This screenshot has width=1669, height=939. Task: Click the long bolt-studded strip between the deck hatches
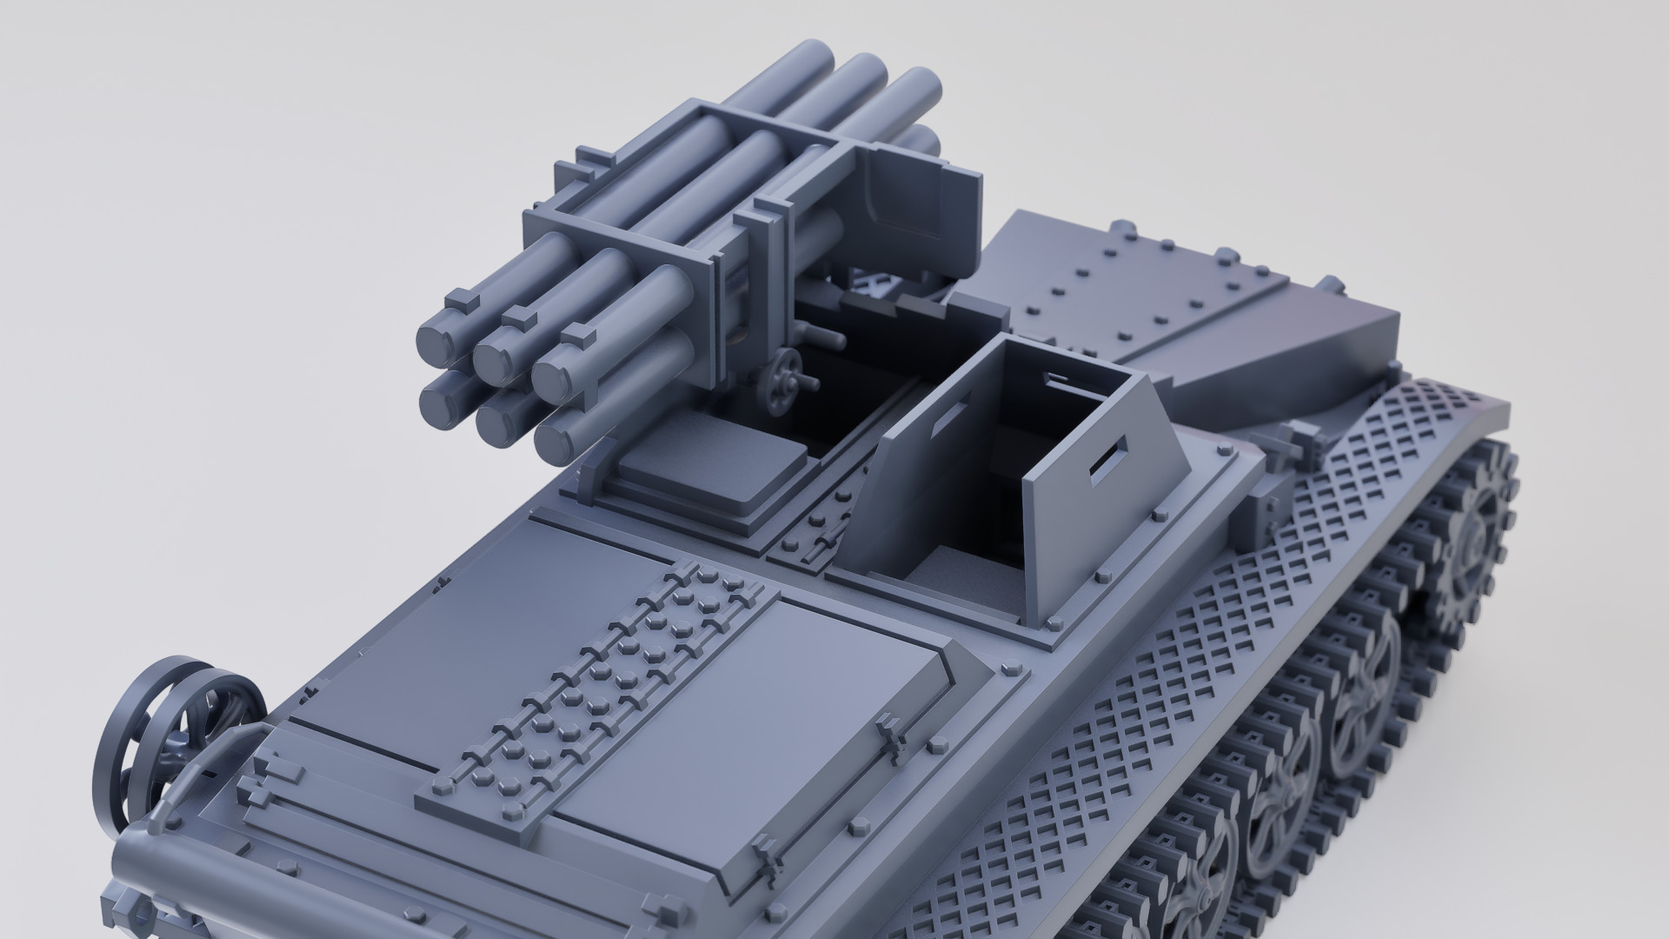(x=591, y=696)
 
